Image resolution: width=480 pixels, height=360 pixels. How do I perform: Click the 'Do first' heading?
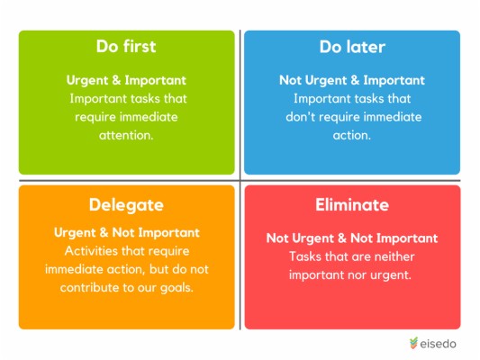pos(126,47)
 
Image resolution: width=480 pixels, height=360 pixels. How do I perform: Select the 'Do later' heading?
pos(352,47)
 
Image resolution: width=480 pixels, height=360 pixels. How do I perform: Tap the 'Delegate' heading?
pos(126,204)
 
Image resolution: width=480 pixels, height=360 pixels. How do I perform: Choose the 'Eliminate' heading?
pos(352,204)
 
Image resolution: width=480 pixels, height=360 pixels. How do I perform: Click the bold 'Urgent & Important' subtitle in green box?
pos(126,79)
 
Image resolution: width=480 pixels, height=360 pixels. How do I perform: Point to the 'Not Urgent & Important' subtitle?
pos(352,79)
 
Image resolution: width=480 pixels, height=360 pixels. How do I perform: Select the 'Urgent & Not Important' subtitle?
pos(126,233)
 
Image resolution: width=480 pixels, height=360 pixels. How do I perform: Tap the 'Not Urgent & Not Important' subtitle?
pos(352,238)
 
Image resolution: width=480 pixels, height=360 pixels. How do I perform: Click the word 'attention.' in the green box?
pos(126,136)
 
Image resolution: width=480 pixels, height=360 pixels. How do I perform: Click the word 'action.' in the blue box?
pos(352,136)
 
